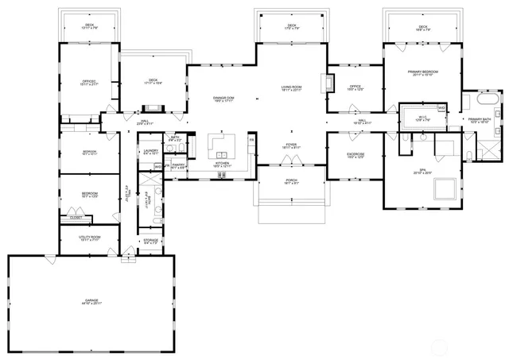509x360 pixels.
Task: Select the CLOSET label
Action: pyautogui.click(x=76, y=217)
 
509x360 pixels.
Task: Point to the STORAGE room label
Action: pyautogui.click(x=150, y=240)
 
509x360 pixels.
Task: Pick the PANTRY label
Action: pyautogui.click(x=178, y=165)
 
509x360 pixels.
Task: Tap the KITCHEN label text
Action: pyautogui.click(x=222, y=164)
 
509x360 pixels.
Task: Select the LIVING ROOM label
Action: pyautogui.click(x=291, y=87)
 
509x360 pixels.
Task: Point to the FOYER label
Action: pyautogui.click(x=291, y=145)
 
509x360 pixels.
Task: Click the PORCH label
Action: pyautogui.click(x=291, y=180)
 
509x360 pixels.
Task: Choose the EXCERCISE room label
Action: pyautogui.click(x=356, y=154)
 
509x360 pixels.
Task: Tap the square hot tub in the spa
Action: pyautogui.click(x=443, y=188)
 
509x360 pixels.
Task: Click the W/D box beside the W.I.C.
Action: pyautogui.click(x=441, y=107)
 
